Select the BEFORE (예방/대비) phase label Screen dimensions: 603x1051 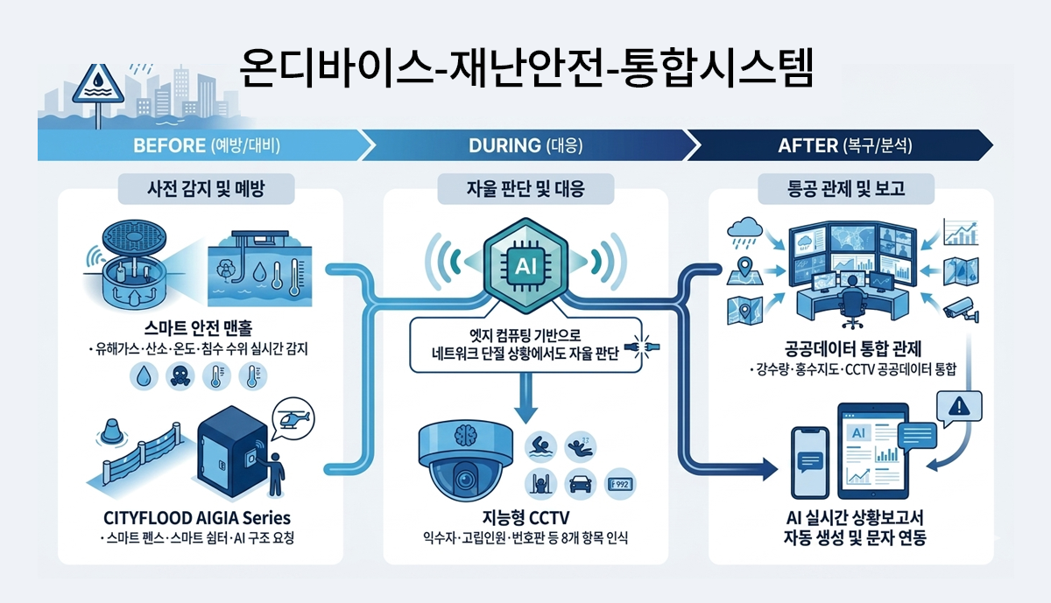coord(207,145)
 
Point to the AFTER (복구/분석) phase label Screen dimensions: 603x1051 coord(845,145)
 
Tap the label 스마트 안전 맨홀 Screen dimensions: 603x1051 coord(208,329)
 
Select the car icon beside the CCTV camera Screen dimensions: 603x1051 coord(579,482)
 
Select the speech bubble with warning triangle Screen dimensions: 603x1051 coord(959,407)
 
